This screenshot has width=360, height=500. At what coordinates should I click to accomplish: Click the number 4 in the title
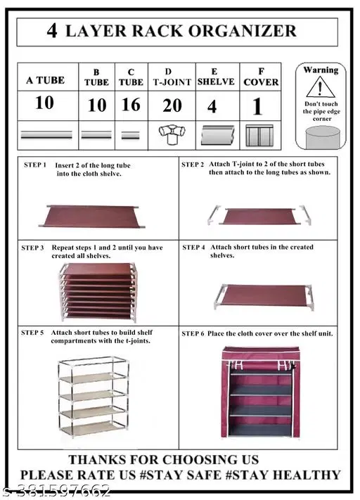[52, 31]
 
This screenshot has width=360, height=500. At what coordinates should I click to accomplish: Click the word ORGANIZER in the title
[243, 31]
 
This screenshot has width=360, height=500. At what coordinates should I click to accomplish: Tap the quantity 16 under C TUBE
[131, 105]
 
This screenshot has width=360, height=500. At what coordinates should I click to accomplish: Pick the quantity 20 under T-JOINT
[172, 105]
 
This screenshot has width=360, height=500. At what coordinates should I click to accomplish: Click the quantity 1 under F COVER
[257, 106]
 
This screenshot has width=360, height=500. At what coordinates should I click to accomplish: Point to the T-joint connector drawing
[172, 134]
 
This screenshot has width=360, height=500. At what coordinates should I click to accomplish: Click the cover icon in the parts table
[259, 136]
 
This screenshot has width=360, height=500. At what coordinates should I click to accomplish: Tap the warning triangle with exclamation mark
[321, 87]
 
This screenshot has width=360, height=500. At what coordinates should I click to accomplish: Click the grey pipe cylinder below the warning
[322, 137]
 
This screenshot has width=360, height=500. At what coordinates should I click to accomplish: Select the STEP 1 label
[35, 165]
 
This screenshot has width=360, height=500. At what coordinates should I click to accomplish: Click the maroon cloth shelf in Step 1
[92, 217]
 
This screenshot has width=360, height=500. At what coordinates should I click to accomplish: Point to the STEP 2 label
[193, 165]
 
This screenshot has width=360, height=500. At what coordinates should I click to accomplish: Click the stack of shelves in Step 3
[99, 292]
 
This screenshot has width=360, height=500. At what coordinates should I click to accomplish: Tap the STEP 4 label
[193, 248]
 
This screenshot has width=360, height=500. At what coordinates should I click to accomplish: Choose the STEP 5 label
[32, 333]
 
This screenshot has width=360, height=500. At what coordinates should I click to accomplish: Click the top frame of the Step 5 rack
[93, 361]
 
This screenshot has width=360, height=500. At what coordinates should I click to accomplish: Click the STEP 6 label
[193, 333]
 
